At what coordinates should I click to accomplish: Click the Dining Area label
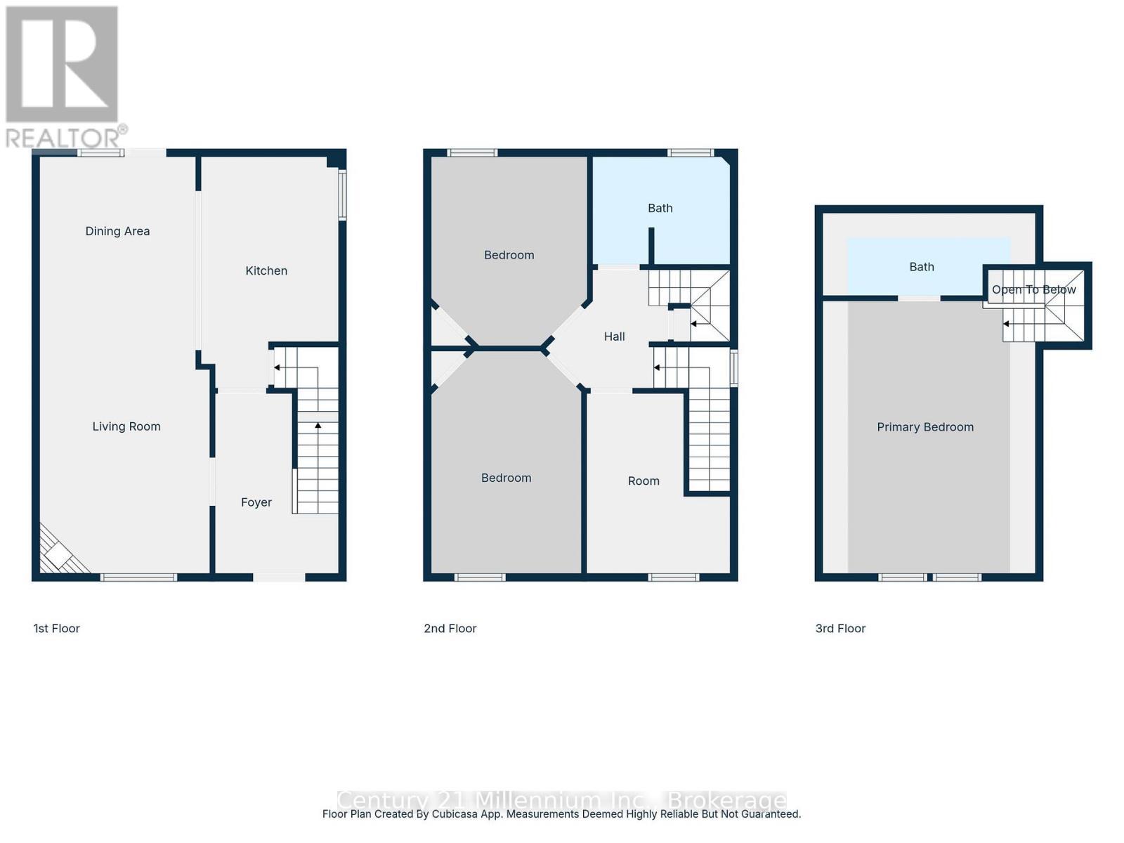tap(117, 231)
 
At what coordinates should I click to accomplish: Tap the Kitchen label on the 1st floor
tap(266, 270)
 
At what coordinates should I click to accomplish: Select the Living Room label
tap(126, 426)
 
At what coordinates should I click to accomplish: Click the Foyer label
tap(256, 502)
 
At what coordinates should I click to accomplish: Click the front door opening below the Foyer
tap(279, 577)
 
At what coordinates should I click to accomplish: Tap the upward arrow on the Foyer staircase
tap(318, 426)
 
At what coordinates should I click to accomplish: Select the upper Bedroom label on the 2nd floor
tap(509, 255)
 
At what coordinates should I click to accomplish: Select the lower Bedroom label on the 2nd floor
tap(507, 478)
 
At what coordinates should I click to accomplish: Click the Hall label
tap(615, 336)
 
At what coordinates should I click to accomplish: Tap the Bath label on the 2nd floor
tap(660, 208)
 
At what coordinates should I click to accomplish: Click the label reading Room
tap(643, 481)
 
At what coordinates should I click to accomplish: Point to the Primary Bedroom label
tap(925, 427)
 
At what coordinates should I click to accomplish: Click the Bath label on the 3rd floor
tap(922, 267)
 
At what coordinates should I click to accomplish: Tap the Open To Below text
tap(1033, 289)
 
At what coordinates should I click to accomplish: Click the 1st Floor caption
tap(57, 629)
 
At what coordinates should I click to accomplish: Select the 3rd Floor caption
tap(840, 629)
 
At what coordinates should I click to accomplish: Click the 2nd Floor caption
tap(450, 629)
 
